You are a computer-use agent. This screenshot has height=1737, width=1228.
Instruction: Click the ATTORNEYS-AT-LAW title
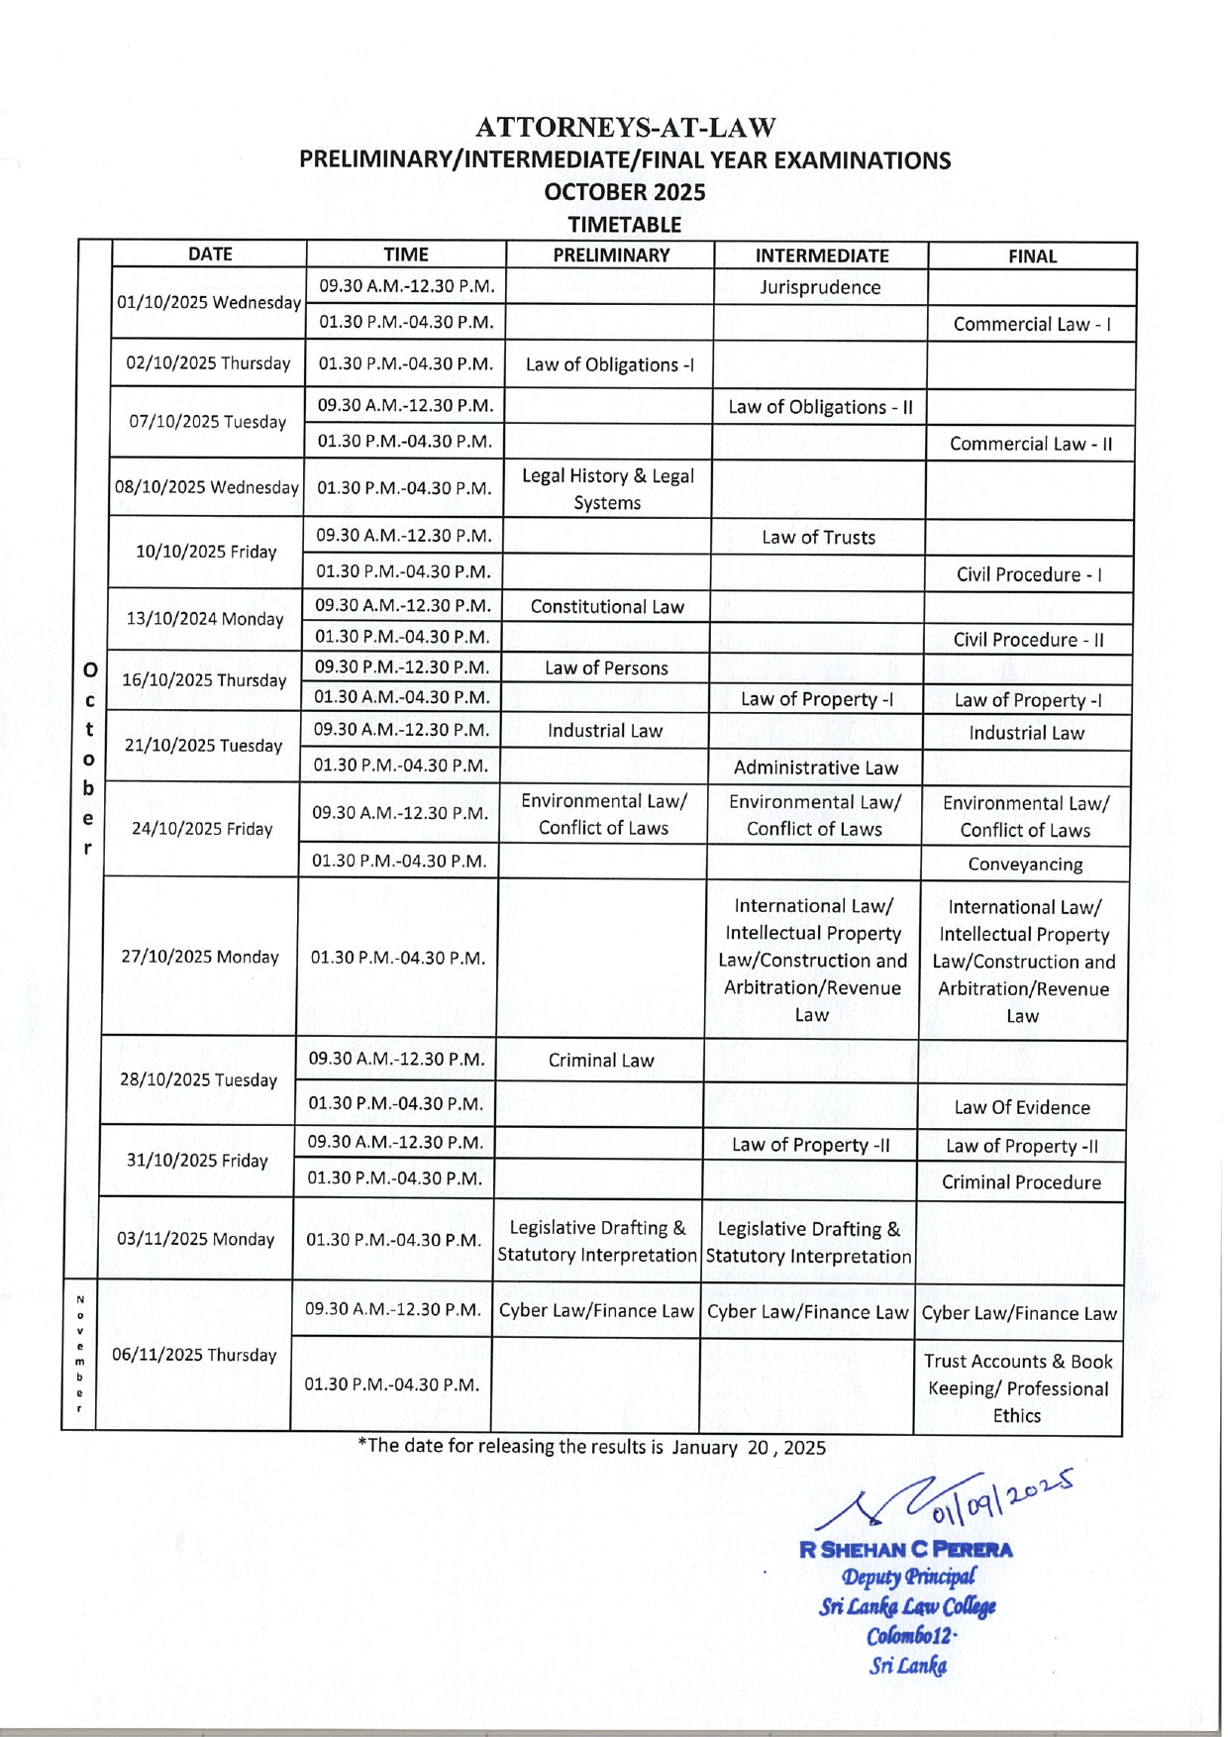pyautogui.click(x=625, y=128)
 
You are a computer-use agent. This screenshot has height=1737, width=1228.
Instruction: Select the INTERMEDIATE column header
pyautogui.click(x=821, y=255)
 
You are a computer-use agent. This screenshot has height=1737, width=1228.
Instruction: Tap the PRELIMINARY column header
pyautogui.click(x=611, y=255)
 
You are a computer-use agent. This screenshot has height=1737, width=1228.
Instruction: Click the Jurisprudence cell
pyautogui.click(x=820, y=287)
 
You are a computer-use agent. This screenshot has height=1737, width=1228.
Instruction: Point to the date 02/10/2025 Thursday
pyautogui.click(x=208, y=363)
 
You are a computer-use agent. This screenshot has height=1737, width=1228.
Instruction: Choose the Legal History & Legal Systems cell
pyautogui.click(x=607, y=489)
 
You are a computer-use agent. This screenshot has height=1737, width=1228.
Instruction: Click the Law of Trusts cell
pyautogui.click(x=818, y=538)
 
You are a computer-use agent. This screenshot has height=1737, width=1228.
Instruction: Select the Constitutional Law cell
pyautogui.click(x=607, y=607)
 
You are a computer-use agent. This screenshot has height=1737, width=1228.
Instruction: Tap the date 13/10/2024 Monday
pyautogui.click(x=205, y=619)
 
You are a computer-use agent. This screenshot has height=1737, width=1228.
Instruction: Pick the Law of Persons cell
pyautogui.click(x=606, y=668)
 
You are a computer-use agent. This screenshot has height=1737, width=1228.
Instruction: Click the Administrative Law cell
pyautogui.click(x=815, y=767)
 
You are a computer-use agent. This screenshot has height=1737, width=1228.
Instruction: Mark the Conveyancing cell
pyautogui.click(x=1025, y=865)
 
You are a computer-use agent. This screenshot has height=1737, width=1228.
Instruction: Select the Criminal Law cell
pyautogui.click(x=601, y=1061)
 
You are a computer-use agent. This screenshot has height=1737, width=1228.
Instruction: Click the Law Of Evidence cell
pyautogui.click(x=1022, y=1108)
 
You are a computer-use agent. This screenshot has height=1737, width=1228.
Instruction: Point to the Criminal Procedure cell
pyautogui.click(x=1021, y=1182)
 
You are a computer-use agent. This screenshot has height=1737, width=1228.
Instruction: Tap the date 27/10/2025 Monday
pyautogui.click(x=200, y=957)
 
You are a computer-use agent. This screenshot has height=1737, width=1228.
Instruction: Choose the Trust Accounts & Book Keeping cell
pyautogui.click(x=1018, y=1388)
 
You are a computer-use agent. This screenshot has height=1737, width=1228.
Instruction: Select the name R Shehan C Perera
pyautogui.click(x=906, y=1550)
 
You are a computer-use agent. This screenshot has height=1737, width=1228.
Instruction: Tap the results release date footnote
pyautogui.click(x=592, y=1447)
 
